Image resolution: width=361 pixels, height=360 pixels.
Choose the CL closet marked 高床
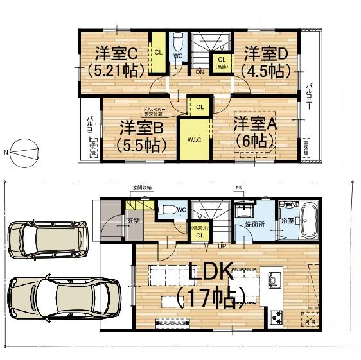[221, 62]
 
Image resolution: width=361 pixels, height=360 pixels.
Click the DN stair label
[200, 72]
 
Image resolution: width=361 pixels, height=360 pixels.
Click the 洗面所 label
[254, 225]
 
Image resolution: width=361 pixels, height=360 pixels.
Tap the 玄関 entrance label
[132, 221]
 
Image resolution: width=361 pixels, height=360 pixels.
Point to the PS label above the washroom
[238, 188]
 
